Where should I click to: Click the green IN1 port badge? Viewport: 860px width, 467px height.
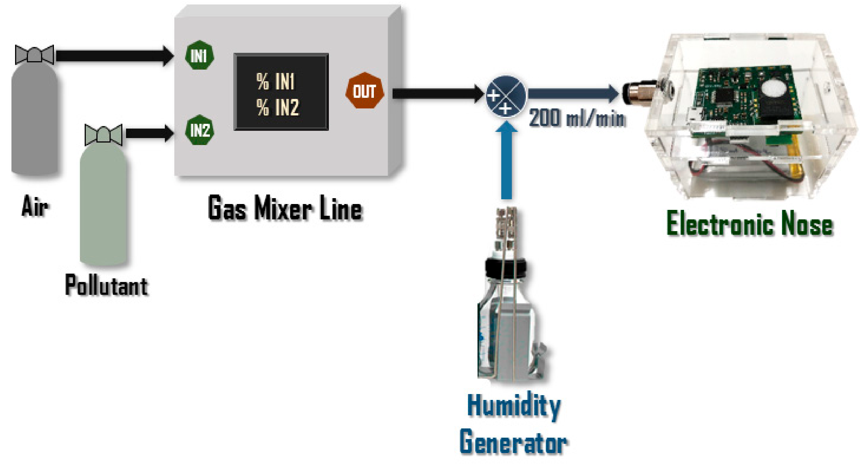199,55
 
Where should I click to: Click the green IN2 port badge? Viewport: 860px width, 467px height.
199,130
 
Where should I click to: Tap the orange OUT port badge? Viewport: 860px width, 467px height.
365,91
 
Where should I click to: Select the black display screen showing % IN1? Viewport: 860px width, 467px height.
281,92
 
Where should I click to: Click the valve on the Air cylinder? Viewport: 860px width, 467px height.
34,54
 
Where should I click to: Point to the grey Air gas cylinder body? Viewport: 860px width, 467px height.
34,120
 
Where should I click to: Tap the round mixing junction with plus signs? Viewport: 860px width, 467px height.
505,96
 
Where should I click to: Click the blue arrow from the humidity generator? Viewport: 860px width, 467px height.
507,160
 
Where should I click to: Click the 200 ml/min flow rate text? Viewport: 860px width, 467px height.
577,118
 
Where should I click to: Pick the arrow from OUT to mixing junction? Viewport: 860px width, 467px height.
437,94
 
